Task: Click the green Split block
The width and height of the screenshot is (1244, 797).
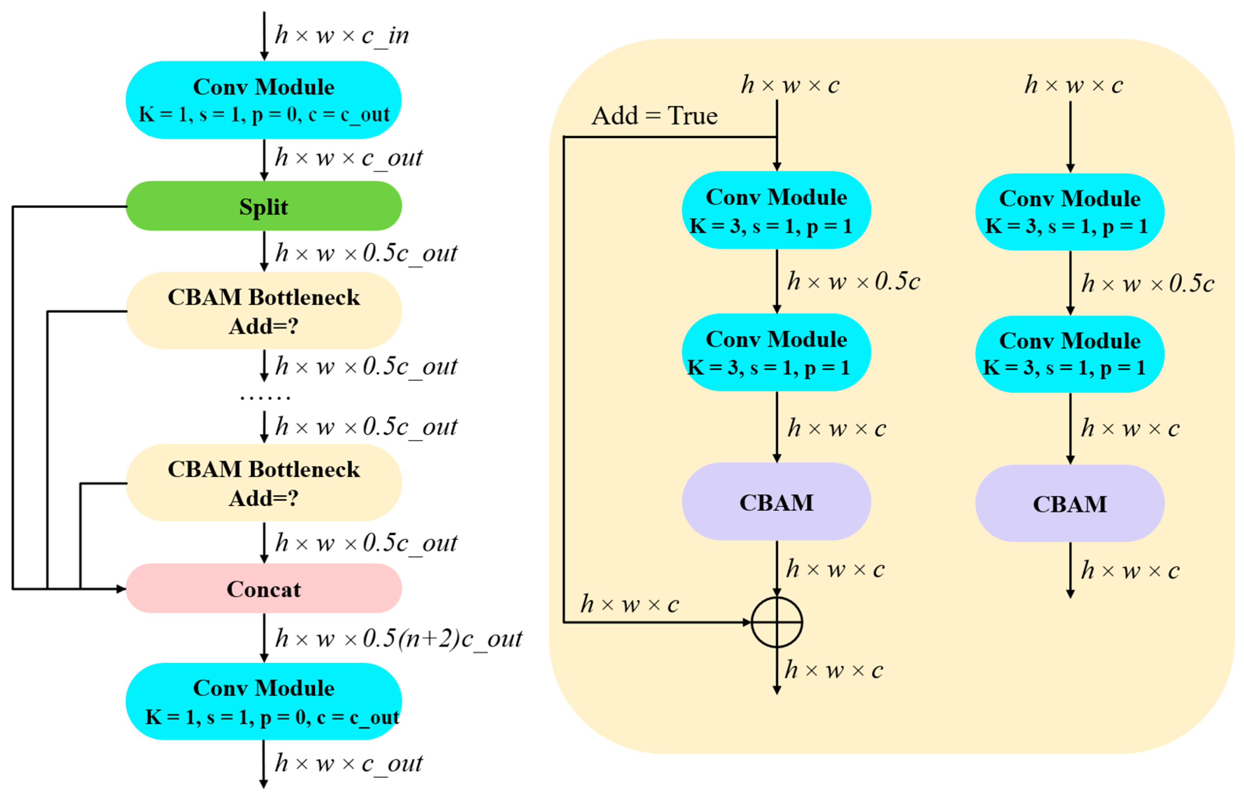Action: click(264, 206)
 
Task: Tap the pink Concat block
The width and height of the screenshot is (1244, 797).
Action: click(264, 589)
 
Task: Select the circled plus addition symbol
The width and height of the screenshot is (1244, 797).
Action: click(776, 622)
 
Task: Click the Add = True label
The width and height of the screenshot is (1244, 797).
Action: click(654, 116)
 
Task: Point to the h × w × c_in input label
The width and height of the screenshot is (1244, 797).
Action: click(341, 36)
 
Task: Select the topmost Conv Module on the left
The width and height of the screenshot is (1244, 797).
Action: click(264, 100)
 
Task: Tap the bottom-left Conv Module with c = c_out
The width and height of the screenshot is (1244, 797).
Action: click(264, 702)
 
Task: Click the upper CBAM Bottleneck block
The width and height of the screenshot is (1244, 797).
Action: click(264, 311)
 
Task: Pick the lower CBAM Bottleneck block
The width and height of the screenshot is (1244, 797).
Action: click(264, 483)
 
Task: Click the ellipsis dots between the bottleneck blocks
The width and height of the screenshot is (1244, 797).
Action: click(264, 397)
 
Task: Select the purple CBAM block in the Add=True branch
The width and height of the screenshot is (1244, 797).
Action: click(776, 502)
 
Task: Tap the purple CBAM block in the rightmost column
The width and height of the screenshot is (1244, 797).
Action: click(1070, 504)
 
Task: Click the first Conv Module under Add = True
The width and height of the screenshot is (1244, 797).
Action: click(776, 210)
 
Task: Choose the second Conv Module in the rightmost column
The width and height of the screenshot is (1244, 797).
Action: click(1070, 354)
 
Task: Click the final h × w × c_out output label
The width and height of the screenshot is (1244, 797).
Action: click(348, 763)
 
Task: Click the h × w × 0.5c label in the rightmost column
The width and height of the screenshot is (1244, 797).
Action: click(1147, 284)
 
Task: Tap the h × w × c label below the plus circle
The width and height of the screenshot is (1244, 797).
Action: click(833, 671)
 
